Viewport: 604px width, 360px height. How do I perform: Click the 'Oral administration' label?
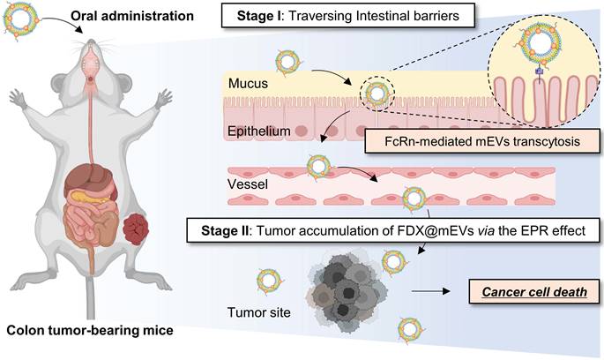[x=131, y=16]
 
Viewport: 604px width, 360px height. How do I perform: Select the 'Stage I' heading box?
[x=347, y=16]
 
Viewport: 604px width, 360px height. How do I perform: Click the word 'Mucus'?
[x=248, y=83]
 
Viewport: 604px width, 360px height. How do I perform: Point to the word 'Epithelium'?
[x=259, y=131]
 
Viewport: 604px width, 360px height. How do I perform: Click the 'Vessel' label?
[x=248, y=184]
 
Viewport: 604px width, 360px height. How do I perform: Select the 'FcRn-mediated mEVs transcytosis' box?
[x=482, y=141]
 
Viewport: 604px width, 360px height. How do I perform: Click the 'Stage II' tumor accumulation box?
[x=393, y=230]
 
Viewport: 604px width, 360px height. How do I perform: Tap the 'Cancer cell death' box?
[x=534, y=292]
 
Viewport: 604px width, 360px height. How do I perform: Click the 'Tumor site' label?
[x=259, y=311]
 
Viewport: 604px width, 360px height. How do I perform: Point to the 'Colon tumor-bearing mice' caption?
[x=90, y=330]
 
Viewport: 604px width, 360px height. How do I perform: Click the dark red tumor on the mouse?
[x=136, y=230]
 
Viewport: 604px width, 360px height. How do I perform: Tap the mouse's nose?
[x=91, y=41]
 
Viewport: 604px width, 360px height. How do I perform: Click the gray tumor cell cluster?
[x=347, y=292]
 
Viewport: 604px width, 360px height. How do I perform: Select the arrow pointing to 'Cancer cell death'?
[x=430, y=291]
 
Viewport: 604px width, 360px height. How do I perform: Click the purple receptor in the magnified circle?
[x=540, y=71]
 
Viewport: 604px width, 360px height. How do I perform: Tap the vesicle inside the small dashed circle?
[x=377, y=94]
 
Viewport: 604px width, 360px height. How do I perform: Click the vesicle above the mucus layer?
[x=287, y=62]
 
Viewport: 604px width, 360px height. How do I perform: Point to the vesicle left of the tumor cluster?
[x=269, y=281]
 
